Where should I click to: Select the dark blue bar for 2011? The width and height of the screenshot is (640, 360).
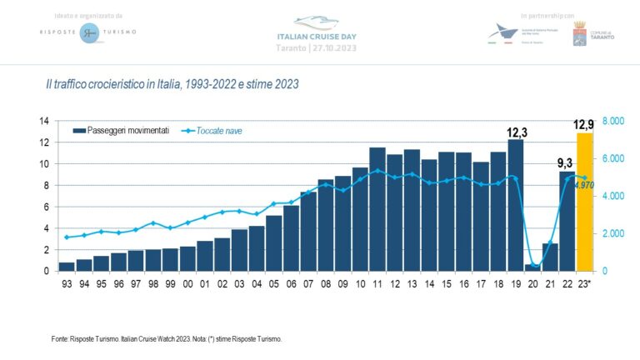[x=377, y=209]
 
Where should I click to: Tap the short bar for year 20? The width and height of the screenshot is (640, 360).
[x=532, y=267]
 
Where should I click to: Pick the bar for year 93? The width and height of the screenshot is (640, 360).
[x=67, y=267]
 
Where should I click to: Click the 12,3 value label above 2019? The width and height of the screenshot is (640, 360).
[x=517, y=132]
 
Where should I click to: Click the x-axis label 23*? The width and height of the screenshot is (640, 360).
[x=586, y=284]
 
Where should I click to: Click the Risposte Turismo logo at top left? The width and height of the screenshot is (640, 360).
[x=88, y=32]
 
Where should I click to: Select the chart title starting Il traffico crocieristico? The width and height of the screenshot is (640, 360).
[x=172, y=84]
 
